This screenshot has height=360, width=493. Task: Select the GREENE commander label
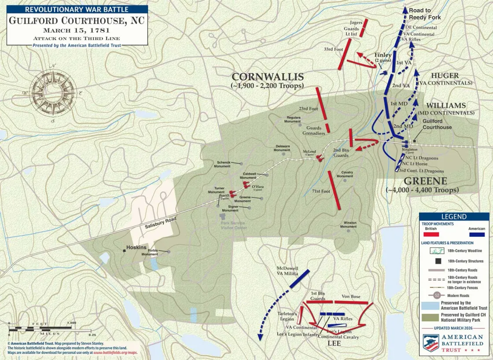click(425, 181)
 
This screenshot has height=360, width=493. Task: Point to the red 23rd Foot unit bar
click(321, 103)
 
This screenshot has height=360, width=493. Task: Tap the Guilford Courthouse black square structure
click(414, 141)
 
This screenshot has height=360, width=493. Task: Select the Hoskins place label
click(136, 247)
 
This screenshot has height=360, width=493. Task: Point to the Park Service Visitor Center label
click(234, 225)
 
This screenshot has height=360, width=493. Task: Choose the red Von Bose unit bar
click(351, 302)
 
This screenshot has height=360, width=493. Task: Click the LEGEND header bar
click(454, 217)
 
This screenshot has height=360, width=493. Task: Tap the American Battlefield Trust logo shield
click(431, 342)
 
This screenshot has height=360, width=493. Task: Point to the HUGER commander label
click(445, 76)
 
